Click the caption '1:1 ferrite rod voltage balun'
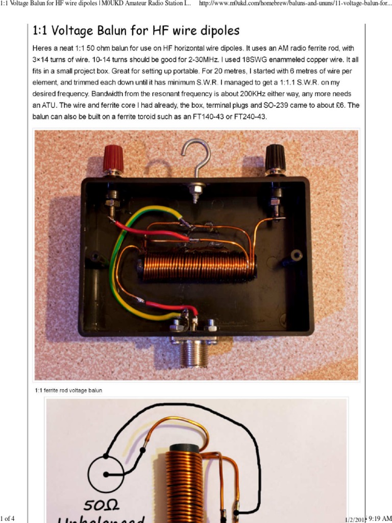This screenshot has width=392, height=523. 68,390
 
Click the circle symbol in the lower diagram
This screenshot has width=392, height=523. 106,474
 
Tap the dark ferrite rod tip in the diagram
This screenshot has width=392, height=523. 183,448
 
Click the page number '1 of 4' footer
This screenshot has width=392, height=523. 8,519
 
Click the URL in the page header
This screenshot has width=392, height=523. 295,4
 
